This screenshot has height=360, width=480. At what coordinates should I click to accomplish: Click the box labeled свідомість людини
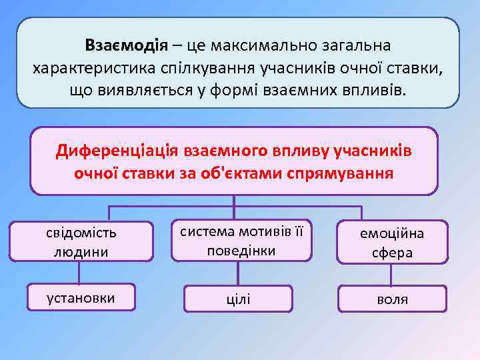[81, 241]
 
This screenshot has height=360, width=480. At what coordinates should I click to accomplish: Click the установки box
[81, 298]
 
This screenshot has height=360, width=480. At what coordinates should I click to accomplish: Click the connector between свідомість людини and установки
[79, 273]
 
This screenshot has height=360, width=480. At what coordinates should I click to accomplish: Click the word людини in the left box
[81, 251]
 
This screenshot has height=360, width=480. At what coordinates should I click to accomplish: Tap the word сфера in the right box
[393, 253]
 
